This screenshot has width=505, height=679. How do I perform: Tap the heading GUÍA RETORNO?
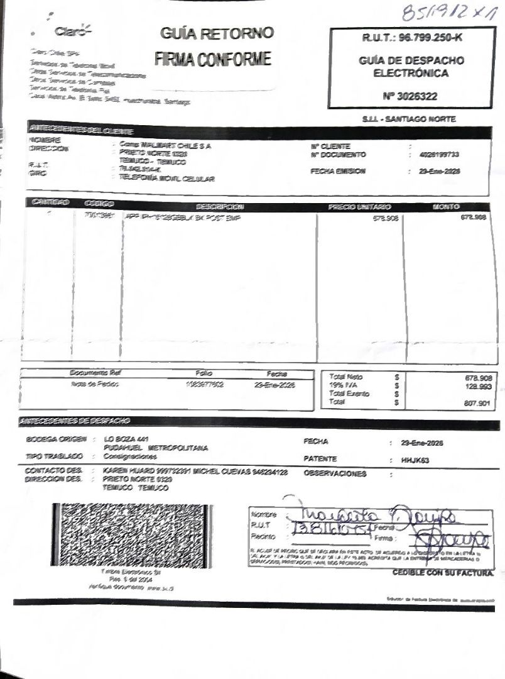(x=217, y=33)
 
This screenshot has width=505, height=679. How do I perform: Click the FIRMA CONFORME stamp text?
(x=213, y=60)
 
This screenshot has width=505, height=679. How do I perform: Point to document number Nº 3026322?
(x=410, y=96)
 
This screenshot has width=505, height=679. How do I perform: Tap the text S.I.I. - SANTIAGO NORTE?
(x=409, y=119)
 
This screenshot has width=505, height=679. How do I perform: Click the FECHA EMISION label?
(x=337, y=171)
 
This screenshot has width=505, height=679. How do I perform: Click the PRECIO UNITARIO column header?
(x=359, y=206)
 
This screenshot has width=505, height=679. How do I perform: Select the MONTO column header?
(x=446, y=206)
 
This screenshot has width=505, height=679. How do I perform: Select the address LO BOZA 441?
(x=126, y=438)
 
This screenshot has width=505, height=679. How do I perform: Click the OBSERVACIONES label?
(x=334, y=473)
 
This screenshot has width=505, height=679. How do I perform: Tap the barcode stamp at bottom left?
(x=132, y=534)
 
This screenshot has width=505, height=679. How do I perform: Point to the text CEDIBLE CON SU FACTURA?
(x=442, y=573)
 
